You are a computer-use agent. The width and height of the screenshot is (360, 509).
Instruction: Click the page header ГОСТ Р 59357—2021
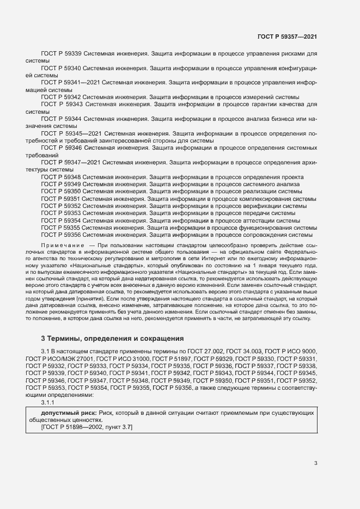[287, 36]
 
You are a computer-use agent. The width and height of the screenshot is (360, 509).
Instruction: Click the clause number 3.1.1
[48, 403]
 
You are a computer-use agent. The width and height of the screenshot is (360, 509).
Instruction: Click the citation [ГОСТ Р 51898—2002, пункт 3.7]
[87, 428]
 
